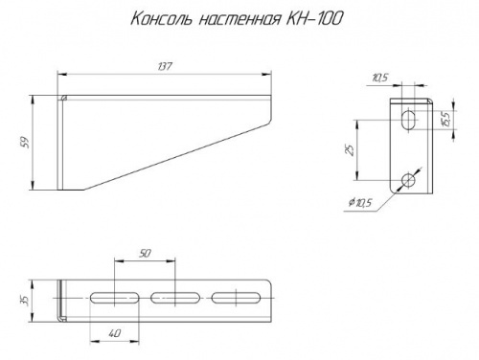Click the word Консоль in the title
tap(162, 19)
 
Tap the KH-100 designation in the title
tap(313, 18)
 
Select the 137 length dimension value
tap(165, 66)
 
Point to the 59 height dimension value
tap(26, 143)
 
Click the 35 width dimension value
tap(25, 300)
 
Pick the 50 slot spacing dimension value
tap(145, 254)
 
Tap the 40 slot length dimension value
tap(114, 333)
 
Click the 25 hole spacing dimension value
tap(351, 150)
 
